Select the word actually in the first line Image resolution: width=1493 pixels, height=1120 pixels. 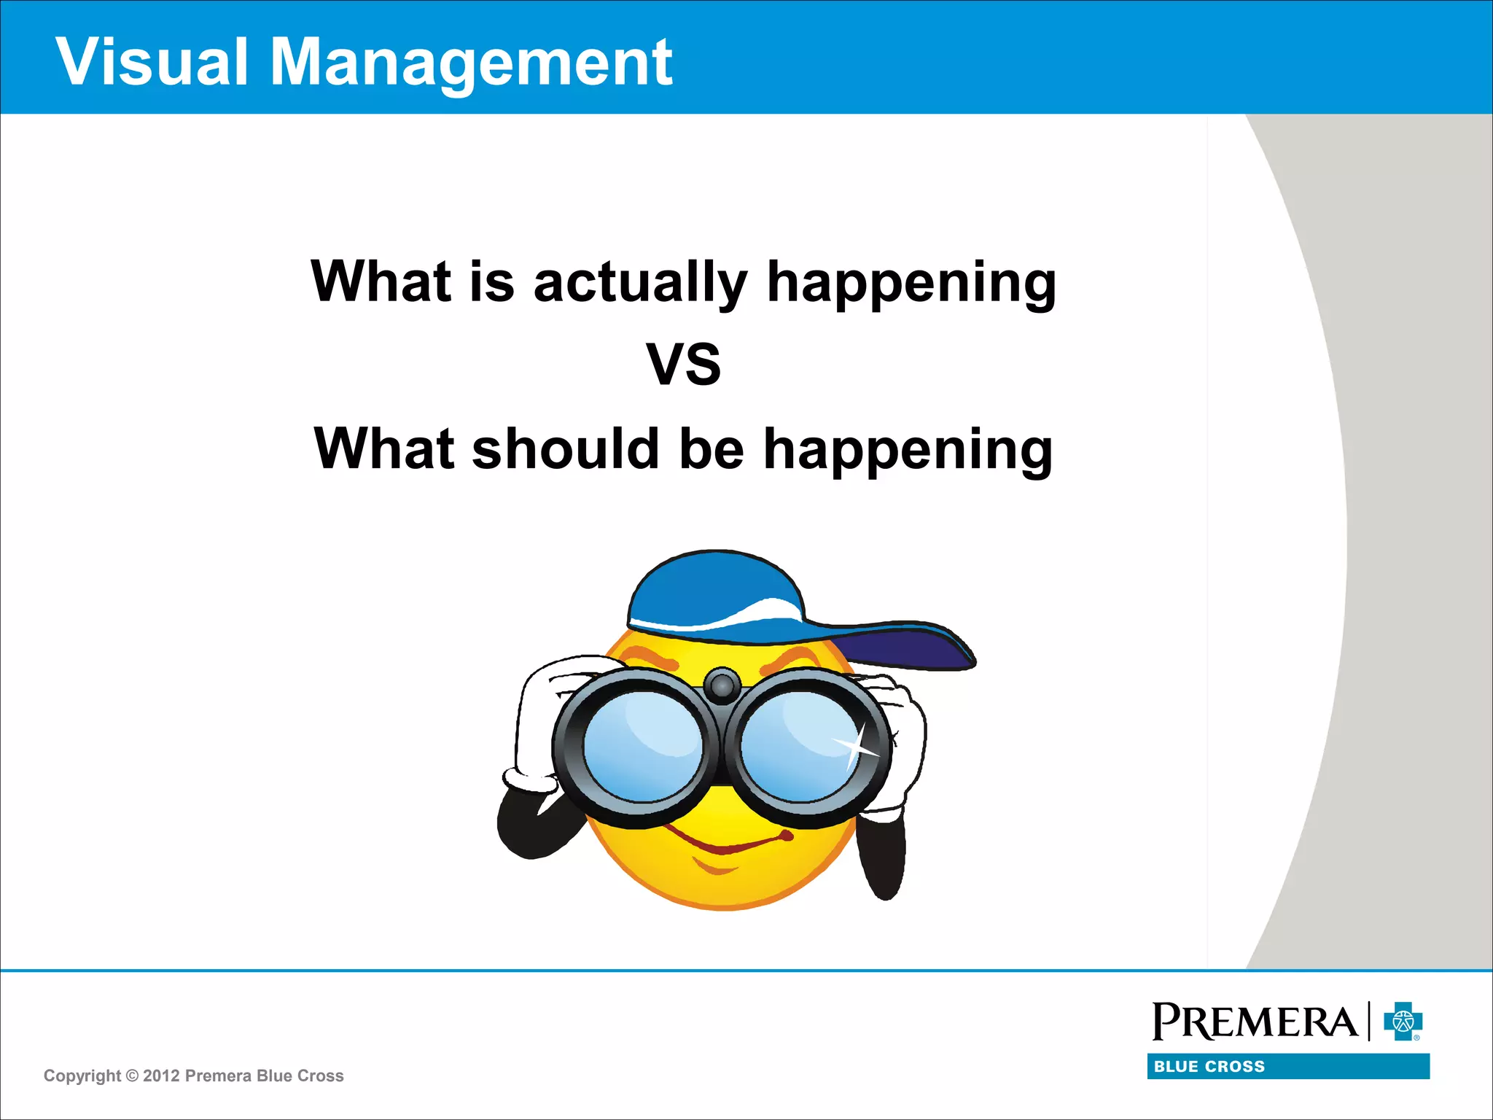(x=640, y=283)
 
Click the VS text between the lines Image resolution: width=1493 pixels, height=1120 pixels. (x=683, y=365)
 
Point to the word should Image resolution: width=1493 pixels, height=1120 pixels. (x=566, y=448)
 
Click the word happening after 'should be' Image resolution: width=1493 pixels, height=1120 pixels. (x=908, y=450)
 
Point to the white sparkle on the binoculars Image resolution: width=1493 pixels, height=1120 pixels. (x=857, y=745)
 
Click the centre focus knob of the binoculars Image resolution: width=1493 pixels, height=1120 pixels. (x=722, y=685)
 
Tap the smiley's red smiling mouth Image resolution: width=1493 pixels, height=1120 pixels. (x=729, y=846)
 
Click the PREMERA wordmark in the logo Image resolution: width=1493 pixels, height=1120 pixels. (x=1254, y=1021)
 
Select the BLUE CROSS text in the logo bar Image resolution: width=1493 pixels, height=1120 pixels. (x=1209, y=1067)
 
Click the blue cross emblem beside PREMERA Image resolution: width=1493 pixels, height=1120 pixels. (x=1403, y=1021)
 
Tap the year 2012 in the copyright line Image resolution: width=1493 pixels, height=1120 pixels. (x=161, y=1076)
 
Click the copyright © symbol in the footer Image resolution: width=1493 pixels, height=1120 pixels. (x=132, y=1076)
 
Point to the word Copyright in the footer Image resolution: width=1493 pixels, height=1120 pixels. (x=82, y=1076)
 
